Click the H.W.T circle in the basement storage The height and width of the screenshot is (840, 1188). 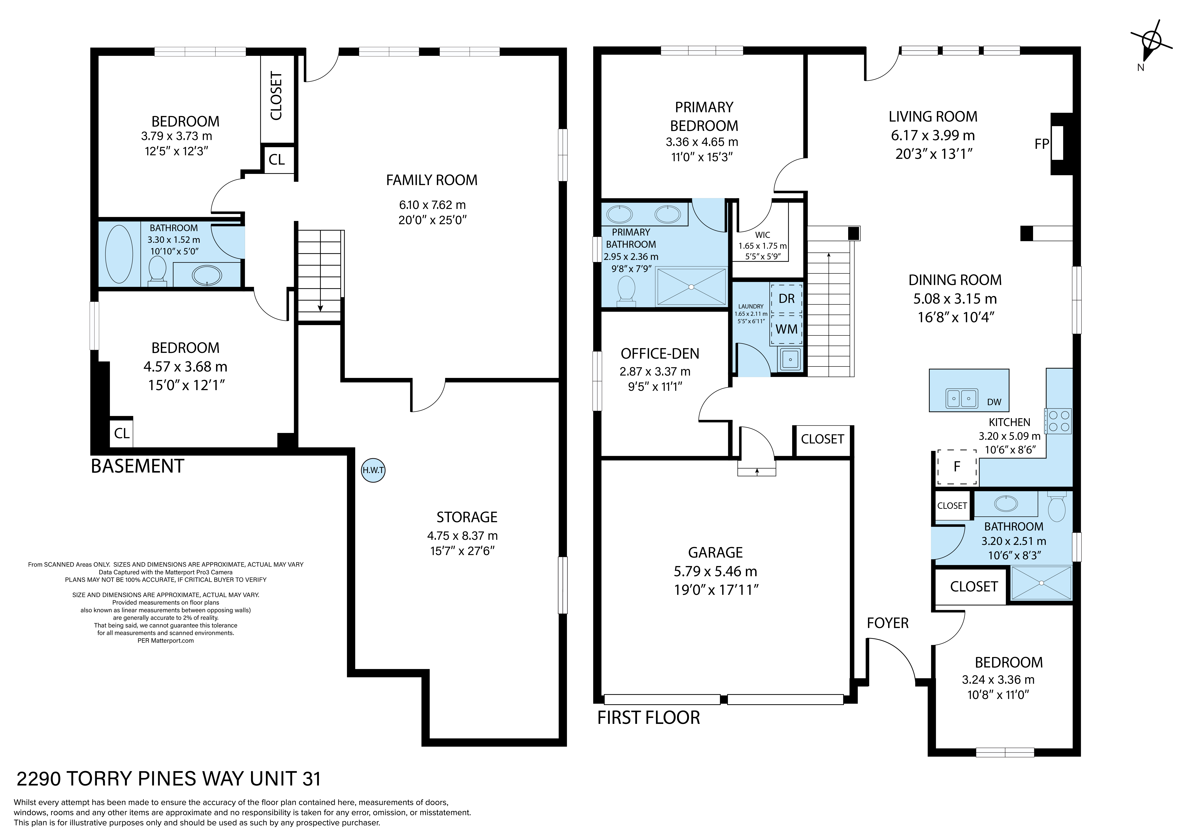tap(373, 471)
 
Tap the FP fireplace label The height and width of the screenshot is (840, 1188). tap(1042, 144)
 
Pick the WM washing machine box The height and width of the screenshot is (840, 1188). tap(787, 329)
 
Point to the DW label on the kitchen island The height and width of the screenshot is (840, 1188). tap(994, 402)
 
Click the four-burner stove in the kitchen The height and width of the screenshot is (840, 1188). tap(1058, 421)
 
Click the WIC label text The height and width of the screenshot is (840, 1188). tap(763, 235)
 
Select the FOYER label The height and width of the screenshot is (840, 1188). tap(888, 623)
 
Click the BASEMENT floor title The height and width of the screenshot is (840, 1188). tap(138, 466)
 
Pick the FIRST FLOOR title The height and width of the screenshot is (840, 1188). tap(649, 718)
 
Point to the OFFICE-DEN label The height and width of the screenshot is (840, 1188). tap(660, 354)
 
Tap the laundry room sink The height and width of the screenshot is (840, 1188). tap(790, 359)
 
